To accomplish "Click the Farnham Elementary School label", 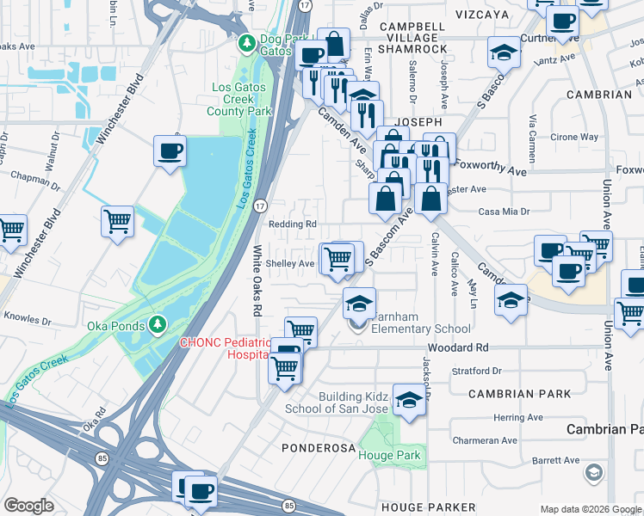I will coord(420,322).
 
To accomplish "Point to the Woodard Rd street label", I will coord(462,347).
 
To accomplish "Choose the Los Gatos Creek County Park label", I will coord(242,99).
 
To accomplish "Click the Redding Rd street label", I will coord(292,224).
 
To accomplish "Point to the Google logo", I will coord(28,506).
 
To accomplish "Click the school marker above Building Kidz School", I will coord(409,398).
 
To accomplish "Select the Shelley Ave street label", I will coord(289,263).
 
